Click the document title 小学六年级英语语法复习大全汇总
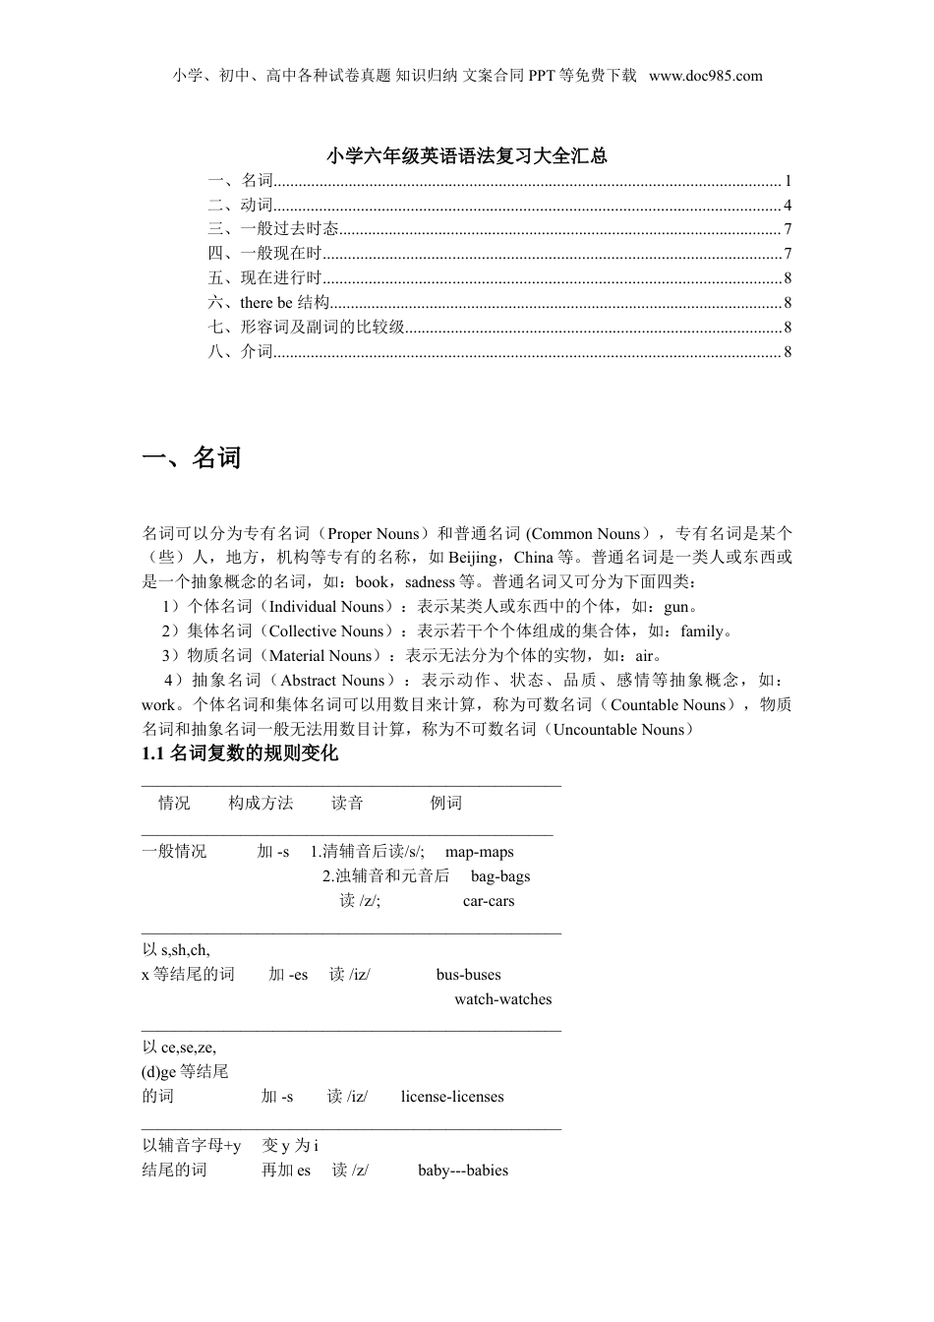[467, 155]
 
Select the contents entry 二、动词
[240, 206]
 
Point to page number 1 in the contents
[788, 181]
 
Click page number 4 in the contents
[788, 206]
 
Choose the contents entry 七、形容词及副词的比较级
[306, 328]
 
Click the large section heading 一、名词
[192, 458]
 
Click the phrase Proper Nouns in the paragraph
[374, 534]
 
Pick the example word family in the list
[701, 631]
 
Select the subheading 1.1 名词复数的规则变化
[240, 753]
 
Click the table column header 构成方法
[261, 804]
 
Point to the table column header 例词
[446, 804]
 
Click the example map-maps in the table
[479, 852]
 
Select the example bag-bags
[499, 876]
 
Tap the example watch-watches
[502, 999]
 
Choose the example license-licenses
[452, 1097]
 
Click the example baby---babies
[463, 1171]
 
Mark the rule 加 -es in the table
[288, 975]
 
